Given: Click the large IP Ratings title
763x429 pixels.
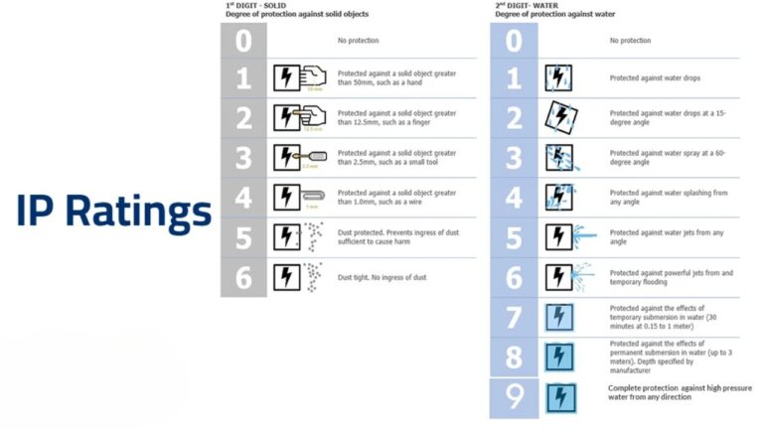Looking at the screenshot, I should tap(113, 212).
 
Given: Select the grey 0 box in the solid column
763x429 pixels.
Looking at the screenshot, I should tap(243, 41).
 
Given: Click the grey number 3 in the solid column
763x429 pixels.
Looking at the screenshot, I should tap(243, 158).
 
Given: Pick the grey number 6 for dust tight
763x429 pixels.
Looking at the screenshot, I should tap(243, 277).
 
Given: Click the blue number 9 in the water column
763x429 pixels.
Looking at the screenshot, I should tap(514, 397).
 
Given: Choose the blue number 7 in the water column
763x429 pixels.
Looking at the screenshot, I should tap(514, 317).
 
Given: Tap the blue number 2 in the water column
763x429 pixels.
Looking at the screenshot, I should tap(514, 118).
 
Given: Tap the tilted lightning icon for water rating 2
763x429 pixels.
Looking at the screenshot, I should tap(559, 118).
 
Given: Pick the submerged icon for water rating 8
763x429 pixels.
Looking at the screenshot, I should tap(559, 357).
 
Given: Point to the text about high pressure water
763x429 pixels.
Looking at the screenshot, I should tap(680, 392).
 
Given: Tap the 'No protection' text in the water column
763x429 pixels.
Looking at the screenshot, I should tap(630, 41).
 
